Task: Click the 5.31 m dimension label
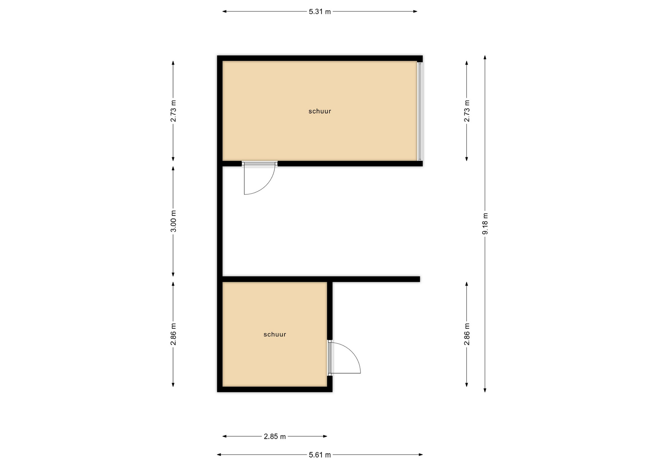pos(320,12)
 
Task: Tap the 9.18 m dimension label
pos(485,224)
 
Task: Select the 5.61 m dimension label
pos(320,455)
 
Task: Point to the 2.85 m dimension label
pos(275,436)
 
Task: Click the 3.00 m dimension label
pos(173,221)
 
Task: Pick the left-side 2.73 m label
pos(173,111)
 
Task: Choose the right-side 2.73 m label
pos(467,111)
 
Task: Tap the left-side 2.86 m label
pos(173,334)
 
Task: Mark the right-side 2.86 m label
pos(467,334)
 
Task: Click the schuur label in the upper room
pos(320,111)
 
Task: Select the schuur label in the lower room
pos(275,334)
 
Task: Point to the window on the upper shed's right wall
pos(420,111)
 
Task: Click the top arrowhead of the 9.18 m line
pos(485,57)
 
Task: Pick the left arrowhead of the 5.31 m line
pos(225,12)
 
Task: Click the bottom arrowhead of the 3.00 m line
pos(173,274)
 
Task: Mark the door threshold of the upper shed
pos(259,164)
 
